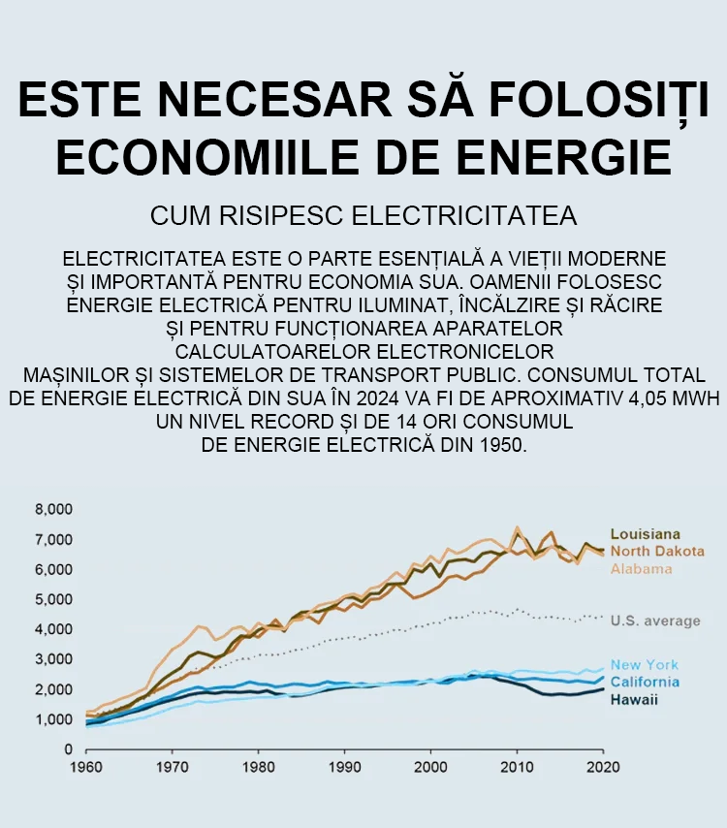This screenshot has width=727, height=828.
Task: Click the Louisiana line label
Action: (645, 534)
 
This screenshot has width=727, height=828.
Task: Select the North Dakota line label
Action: (656, 551)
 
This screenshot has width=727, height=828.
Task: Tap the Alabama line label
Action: (641, 568)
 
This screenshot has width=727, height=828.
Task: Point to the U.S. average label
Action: (655, 621)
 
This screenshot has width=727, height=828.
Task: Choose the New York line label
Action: (645, 665)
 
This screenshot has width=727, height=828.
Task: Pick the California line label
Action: (645, 682)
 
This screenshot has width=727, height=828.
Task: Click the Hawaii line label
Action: (634, 699)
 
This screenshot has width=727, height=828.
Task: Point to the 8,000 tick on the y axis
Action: (54, 510)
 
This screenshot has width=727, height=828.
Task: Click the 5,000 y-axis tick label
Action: (54, 600)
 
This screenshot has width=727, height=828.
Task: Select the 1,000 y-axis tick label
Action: (54, 720)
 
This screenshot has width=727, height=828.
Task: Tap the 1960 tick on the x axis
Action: (86, 767)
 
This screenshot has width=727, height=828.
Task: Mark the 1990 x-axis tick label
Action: (344, 767)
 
